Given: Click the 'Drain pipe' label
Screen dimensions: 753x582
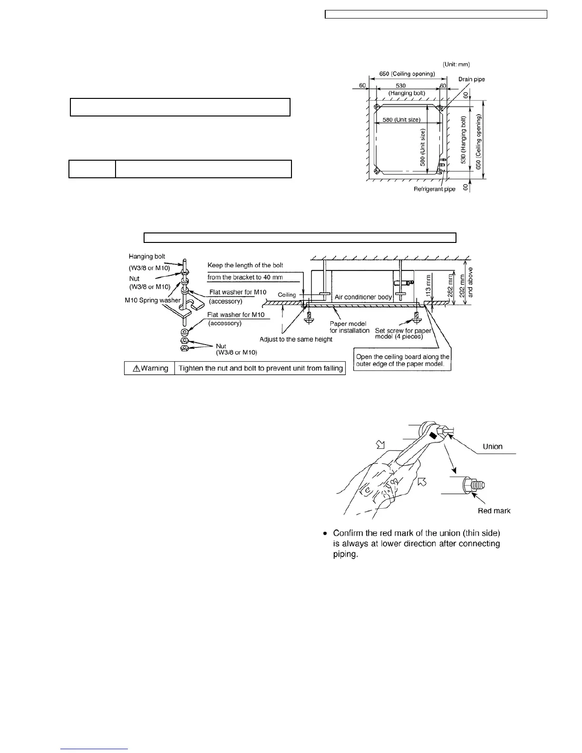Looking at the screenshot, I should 472,79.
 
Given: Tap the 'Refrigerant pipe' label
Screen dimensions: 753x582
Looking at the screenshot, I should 434,189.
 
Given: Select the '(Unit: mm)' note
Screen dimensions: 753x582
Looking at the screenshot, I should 456,64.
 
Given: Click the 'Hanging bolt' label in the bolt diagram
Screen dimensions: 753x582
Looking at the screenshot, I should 147,257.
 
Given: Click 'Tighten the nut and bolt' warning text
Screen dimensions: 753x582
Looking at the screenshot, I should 260,368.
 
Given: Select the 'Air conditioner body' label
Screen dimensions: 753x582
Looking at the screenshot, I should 363,297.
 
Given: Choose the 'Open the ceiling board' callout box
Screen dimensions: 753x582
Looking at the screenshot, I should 403,360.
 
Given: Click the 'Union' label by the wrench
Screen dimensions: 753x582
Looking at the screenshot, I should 492,446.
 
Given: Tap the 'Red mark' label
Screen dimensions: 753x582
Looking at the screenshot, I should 494,511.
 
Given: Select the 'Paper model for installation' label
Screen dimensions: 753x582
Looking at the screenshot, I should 350,327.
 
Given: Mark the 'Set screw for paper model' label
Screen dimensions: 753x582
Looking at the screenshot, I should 403,333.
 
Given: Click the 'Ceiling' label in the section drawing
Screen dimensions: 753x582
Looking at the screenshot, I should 287,295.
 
